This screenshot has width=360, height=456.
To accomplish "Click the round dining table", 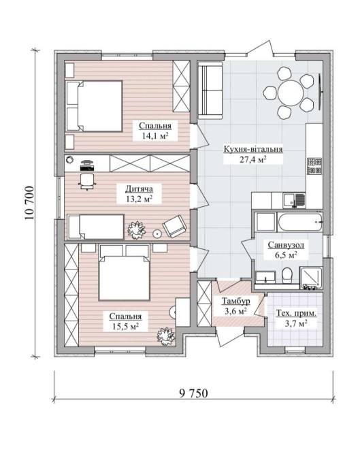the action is point(291,93).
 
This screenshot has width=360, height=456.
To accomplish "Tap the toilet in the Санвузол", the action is point(287,276).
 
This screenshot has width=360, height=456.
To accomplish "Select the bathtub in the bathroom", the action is point(300,223).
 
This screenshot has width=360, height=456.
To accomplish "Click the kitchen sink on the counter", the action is point(294,200).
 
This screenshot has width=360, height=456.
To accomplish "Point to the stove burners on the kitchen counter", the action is point(314,166).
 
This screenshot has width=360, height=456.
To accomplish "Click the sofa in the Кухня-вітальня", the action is point(210,90).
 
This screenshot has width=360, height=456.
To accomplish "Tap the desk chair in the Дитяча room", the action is point(87,181).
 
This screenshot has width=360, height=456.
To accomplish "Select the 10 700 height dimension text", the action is point(30,203).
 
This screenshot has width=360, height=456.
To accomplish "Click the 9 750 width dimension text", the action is point(193,393).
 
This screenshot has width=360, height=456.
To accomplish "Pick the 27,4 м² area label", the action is point(253,160).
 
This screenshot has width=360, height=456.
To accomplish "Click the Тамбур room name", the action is point(235,301).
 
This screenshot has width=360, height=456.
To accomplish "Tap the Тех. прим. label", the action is point(296,314).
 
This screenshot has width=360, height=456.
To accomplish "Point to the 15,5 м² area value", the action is point(125,326).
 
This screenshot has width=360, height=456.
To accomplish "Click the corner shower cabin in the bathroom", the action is point(311,278).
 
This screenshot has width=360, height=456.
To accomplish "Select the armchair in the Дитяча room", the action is point(174,227).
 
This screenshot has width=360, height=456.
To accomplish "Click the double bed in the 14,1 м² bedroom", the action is point(94,106).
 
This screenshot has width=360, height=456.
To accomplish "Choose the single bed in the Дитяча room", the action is point(96,227).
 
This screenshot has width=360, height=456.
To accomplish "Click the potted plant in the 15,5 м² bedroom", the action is point(166,336).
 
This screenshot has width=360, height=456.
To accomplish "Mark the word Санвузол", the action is point(286,245).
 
